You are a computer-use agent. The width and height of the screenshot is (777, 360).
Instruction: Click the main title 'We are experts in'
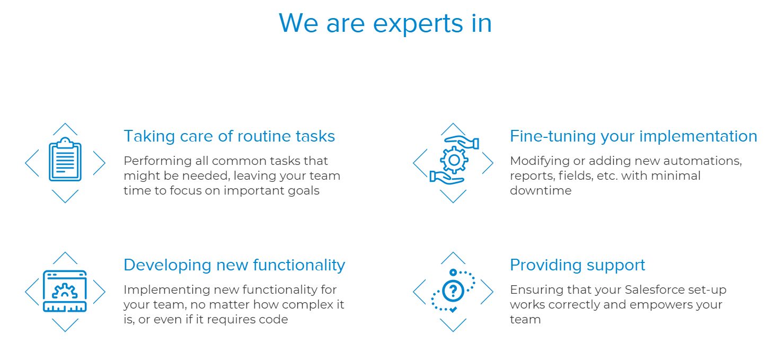[385, 23]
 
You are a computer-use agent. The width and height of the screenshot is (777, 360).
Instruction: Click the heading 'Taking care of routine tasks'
[229, 136]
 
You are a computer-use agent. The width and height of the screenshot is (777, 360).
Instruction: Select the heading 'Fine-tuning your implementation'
[633, 136]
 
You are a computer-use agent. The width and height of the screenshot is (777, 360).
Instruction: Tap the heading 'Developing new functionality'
[234, 265]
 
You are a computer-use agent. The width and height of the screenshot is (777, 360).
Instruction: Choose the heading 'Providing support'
[577, 265]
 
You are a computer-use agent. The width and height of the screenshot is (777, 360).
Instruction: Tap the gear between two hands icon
[454, 160]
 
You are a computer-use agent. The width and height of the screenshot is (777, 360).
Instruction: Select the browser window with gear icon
[65, 291]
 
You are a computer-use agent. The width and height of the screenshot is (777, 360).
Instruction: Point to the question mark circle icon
[453, 291]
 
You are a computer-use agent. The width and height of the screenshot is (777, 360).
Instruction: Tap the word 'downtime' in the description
[541, 190]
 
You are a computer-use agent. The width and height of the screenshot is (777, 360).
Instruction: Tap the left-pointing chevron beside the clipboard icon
[31, 163]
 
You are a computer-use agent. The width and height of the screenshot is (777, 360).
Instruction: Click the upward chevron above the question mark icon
[453, 258]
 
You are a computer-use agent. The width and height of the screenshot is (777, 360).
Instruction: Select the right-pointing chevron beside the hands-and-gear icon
[487, 163]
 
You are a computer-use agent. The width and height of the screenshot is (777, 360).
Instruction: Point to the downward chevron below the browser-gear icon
[65, 326]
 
